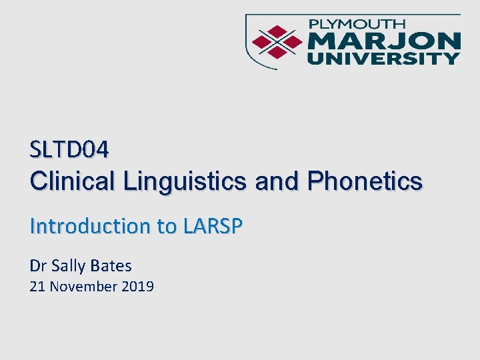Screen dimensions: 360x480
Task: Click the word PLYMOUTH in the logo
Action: click(361, 25)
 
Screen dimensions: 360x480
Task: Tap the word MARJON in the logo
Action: click(383, 41)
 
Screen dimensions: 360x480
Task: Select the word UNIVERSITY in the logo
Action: click(383, 58)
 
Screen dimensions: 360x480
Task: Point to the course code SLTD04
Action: click(69, 150)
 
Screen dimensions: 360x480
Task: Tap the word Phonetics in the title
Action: click(365, 181)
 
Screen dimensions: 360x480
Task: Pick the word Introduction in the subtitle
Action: click(90, 227)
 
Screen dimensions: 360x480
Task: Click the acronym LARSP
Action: click(211, 227)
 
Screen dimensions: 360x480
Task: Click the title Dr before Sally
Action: click(37, 266)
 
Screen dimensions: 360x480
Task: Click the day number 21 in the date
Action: click(37, 287)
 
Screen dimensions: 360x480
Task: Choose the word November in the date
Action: click(84, 287)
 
